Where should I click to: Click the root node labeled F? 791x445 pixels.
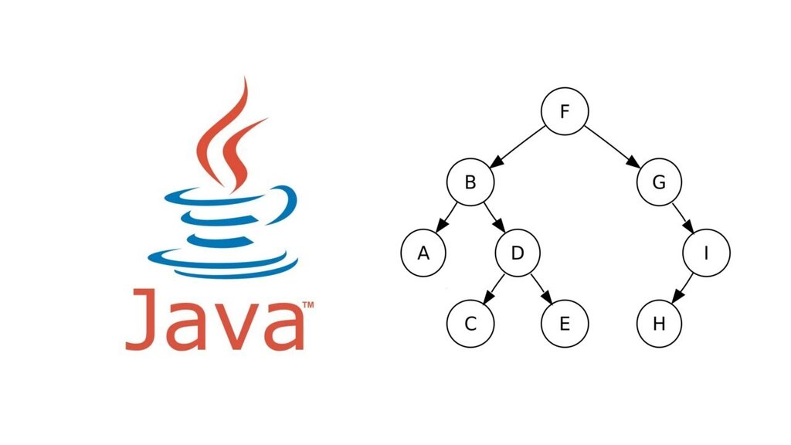(x=565, y=111)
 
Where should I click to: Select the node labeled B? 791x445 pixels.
(x=470, y=182)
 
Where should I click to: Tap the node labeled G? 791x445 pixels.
(x=659, y=182)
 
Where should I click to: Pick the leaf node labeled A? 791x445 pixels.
(x=423, y=253)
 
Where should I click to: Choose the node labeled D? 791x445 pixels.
(x=518, y=253)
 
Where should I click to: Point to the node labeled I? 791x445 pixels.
(x=706, y=253)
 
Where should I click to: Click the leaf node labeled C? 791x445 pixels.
(x=470, y=324)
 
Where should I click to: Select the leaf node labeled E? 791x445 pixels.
(x=565, y=324)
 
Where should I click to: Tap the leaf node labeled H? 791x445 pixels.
(x=659, y=324)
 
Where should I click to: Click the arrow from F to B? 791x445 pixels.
(x=518, y=146)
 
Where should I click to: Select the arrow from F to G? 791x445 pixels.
(x=612, y=146)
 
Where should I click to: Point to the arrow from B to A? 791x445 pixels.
(x=446, y=217)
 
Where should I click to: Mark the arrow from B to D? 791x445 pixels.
(x=494, y=217)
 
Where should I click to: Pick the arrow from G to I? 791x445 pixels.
(x=683, y=217)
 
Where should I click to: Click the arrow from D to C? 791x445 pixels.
(x=494, y=289)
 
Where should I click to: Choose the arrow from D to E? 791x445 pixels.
(x=541, y=289)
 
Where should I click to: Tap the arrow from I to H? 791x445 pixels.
(x=683, y=289)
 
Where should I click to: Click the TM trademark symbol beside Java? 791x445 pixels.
(x=307, y=304)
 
